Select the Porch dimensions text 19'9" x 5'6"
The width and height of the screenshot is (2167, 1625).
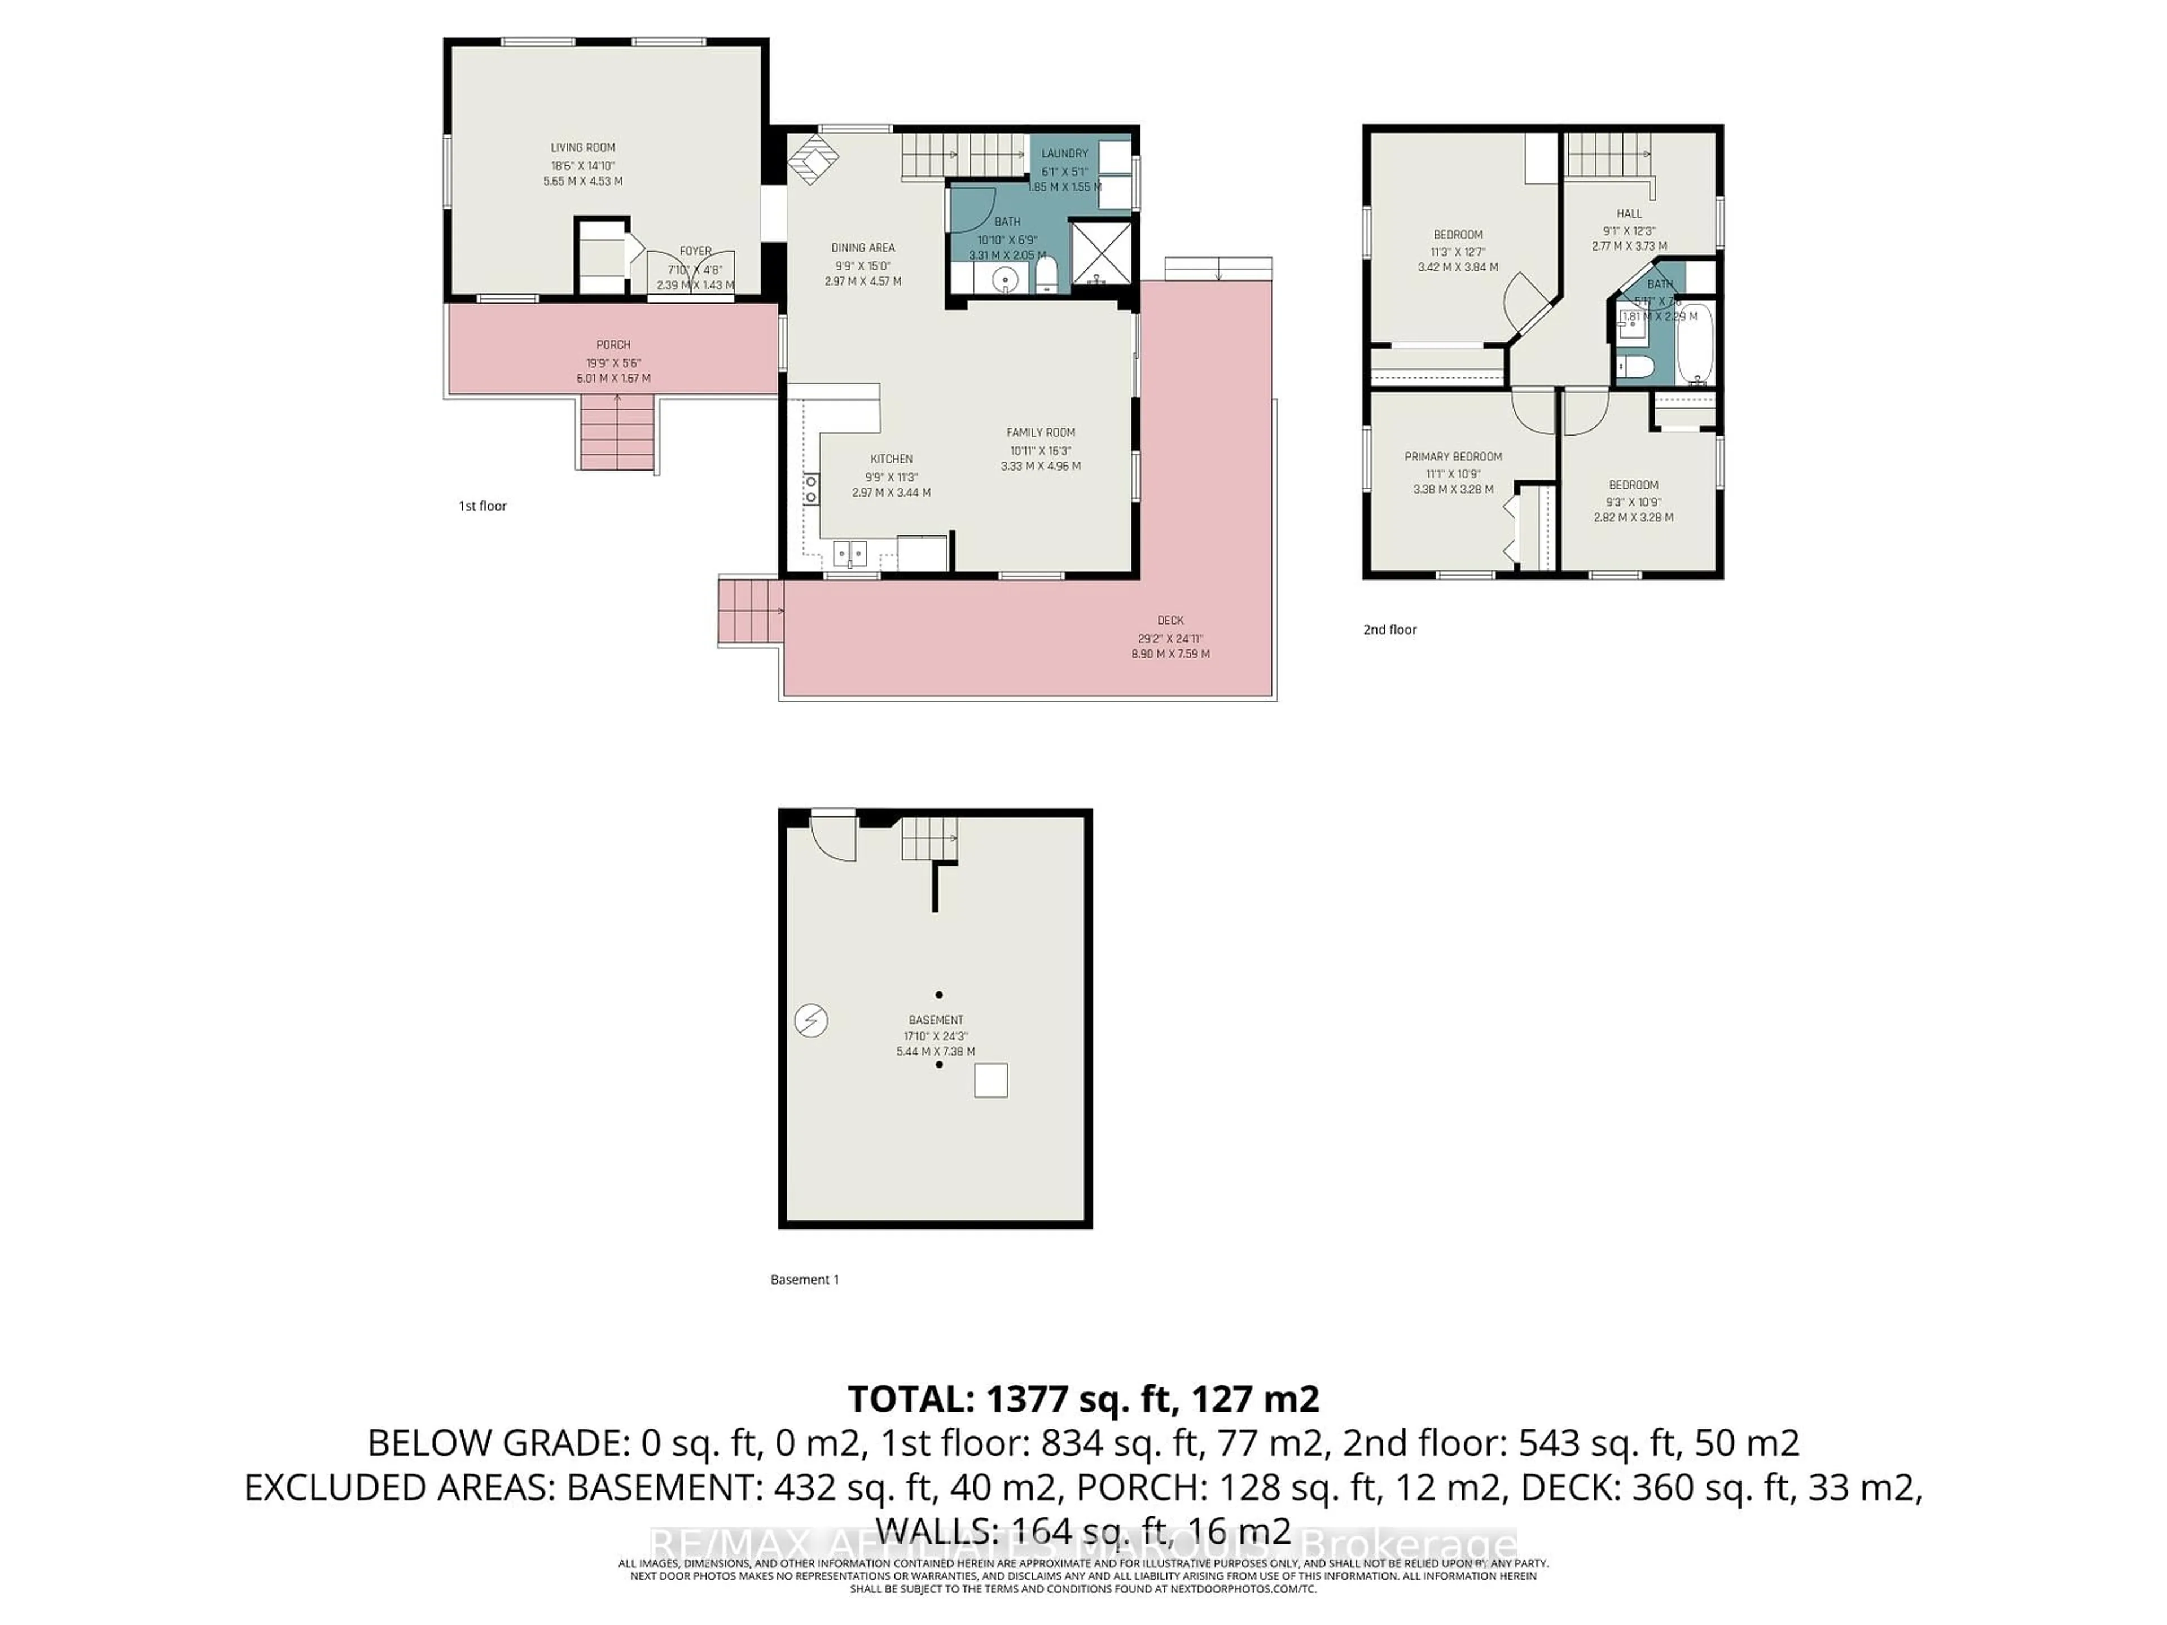click(x=613, y=362)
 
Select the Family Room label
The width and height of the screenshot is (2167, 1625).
click(x=1041, y=432)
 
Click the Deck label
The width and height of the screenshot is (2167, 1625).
click(x=1170, y=620)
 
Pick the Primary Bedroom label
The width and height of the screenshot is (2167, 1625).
click(x=1453, y=456)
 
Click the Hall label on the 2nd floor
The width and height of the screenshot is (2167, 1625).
click(x=1629, y=213)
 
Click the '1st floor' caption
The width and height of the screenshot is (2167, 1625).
click(x=483, y=507)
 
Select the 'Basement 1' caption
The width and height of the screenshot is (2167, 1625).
click(x=804, y=1279)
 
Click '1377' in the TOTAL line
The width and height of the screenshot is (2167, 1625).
click(x=1026, y=1399)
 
